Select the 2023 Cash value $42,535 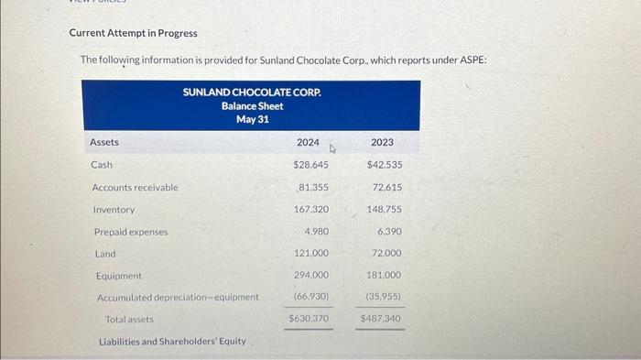(x=384, y=165)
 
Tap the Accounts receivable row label (x=135, y=188)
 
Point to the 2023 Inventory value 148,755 (x=384, y=209)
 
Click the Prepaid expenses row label (x=130, y=232)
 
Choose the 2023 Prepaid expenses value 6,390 (x=388, y=232)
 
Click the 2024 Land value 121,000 (x=311, y=253)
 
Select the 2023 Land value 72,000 (x=386, y=253)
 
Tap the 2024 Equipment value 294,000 (x=311, y=275)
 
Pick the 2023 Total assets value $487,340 (x=381, y=319)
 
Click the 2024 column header (x=309, y=143)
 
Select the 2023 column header (x=383, y=143)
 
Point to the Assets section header (x=104, y=143)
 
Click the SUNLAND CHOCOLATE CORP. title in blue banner (x=252, y=93)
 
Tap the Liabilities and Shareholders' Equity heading (x=172, y=342)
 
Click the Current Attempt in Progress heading (x=133, y=33)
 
